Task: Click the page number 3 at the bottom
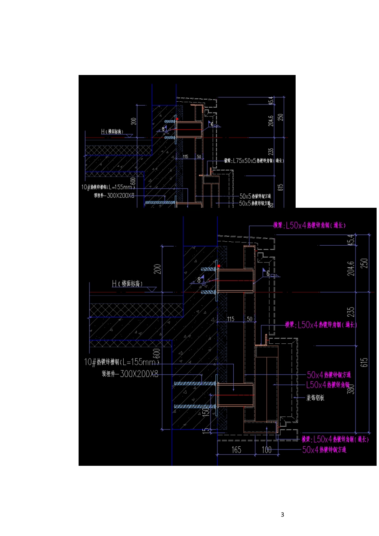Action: pyautogui.click(x=282, y=514)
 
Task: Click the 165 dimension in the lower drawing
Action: pyautogui.click(x=236, y=450)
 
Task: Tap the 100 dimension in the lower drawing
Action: pyautogui.click(x=266, y=450)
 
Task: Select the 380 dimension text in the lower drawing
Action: pyautogui.click(x=351, y=388)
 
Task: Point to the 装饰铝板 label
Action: pyautogui.click(x=315, y=398)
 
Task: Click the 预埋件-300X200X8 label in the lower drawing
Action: pyautogui.click(x=130, y=374)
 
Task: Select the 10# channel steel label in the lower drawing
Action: pyautogui.click(x=121, y=362)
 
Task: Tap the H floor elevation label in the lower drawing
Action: pyautogui.click(x=127, y=284)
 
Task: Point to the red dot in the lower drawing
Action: pyautogui.click(x=219, y=266)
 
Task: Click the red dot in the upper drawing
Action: pyautogui.click(x=177, y=119)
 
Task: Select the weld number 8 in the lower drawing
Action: pyautogui.click(x=199, y=280)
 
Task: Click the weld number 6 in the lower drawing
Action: pyautogui.click(x=268, y=274)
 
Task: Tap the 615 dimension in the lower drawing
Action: pyautogui.click(x=364, y=362)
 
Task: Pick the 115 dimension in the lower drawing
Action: pyautogui.click(x=231, y=319)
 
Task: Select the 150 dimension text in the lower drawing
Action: pyautogui.click(x=206, y=411)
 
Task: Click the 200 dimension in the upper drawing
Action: pyautogui.click(x=134, y=121)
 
